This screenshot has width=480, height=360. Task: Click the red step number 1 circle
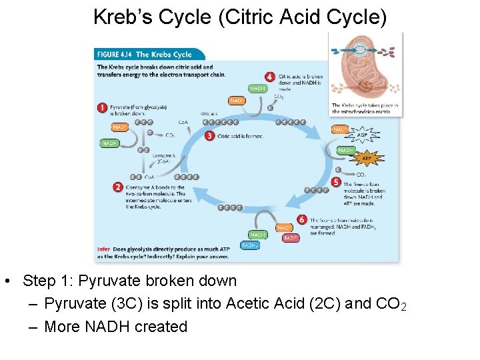[103, 107]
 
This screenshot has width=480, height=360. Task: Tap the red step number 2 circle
[118, 187]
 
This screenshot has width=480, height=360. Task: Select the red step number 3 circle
[209, 136]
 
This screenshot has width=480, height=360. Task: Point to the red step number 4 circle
[269, 77]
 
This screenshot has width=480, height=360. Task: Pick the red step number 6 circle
[303, 219]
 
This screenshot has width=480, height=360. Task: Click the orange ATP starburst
[366, 159]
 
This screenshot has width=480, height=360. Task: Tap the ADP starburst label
[362, 135]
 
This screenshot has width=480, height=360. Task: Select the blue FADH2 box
[250, 245]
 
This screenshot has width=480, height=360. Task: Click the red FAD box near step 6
[290, 238]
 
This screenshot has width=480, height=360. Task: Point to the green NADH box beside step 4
[257, 88]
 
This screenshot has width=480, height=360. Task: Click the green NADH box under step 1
[110, 143]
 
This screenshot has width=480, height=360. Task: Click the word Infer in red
[103, 249]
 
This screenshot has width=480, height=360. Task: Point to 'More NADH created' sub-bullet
[115, 327]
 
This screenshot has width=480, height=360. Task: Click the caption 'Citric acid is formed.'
[240, 136]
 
